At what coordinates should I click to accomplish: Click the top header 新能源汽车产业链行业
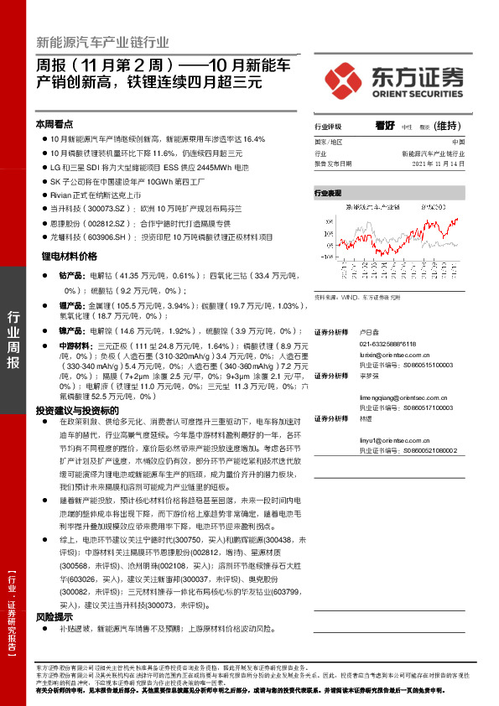102,43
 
